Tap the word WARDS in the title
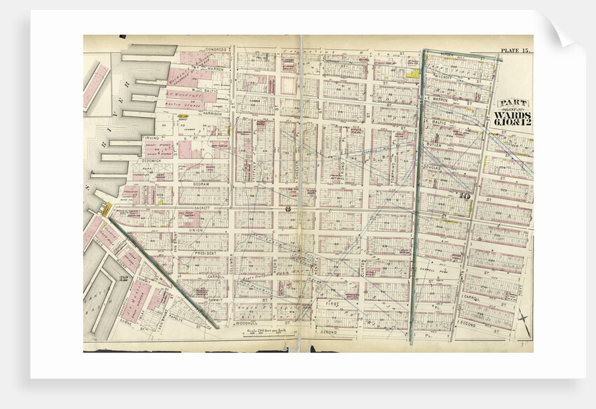513,113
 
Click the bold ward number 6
287,211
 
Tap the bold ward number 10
464,196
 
